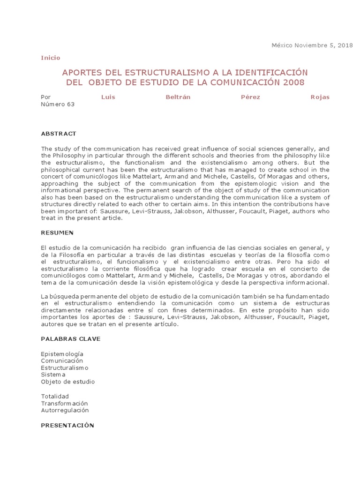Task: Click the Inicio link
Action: pyautogui.click(x=51, y=58)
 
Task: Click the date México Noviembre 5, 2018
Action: pyautogui.click(x=312, y=45)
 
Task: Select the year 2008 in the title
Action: pyautogui.click(x=293, y=82)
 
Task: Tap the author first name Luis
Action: pyautogui.click(x=108, y=97)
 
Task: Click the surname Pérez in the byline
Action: pyautogui.click(x=251, y=97)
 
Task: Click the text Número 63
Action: pyautogui.click(x=58, y=105)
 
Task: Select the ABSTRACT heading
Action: pyautogui.click(x=58, y=134)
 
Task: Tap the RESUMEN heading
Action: pyautogui.click(x=57, y=232)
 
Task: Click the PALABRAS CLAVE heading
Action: pyautogui.click(x=70, y=338)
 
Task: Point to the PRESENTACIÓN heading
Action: pyautogui.click(x=67, y=425)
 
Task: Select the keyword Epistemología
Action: pyautogui.click(x=62, y=354)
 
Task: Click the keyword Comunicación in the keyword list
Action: pyautogui.click(x=62, y=361)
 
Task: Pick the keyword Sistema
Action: pyautogui.click(x=53, y=375)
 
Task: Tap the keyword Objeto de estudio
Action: pyautogui.click(x=67, y=382)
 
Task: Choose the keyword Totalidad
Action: pyautogui.click(x=55, y=396)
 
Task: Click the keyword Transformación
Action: pyautogui.click(x=64, y=403)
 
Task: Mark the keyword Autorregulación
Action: pyautogui.click(x=65, y=410)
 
